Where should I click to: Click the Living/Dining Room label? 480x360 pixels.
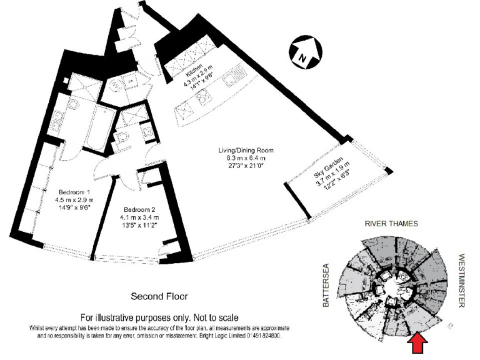click(246, 151)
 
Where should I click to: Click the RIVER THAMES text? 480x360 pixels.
click(391, 222)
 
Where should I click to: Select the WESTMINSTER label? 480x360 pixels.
click(462, 281)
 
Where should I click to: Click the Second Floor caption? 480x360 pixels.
click(159, 296)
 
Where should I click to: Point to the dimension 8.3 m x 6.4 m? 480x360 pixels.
click(246, 159)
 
